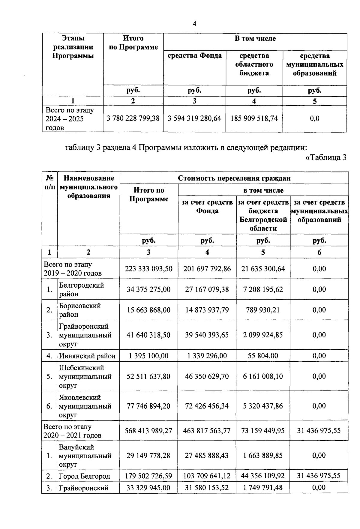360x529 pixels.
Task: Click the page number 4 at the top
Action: coord(194,24)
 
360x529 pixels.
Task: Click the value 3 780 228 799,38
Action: coord(133,118)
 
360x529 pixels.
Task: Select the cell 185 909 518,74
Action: coord(254,118)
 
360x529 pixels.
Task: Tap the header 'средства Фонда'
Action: coord(194,56)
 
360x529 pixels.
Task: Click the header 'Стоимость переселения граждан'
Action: coord(234,178)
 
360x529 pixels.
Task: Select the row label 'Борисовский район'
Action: coord(80,310)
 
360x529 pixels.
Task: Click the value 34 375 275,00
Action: coord(148,289)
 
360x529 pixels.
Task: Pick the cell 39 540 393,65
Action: coord(207,335)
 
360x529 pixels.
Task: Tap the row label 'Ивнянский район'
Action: coord(87,356)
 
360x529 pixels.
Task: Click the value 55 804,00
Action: coord(263,356)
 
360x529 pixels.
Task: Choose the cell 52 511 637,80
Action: coord(148,376)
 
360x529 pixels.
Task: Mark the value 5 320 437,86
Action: coord(263,406)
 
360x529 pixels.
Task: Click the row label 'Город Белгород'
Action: coord(85,476)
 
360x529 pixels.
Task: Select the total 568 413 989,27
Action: coord(148,431)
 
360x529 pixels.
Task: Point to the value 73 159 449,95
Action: coord(263,431)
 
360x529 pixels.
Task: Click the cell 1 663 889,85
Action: coord(263,456)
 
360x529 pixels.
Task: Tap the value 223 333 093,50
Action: coord(148,269)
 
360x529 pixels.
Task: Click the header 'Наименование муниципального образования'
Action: coord(88,187)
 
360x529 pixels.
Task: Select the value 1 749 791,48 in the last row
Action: coord(263,488)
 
